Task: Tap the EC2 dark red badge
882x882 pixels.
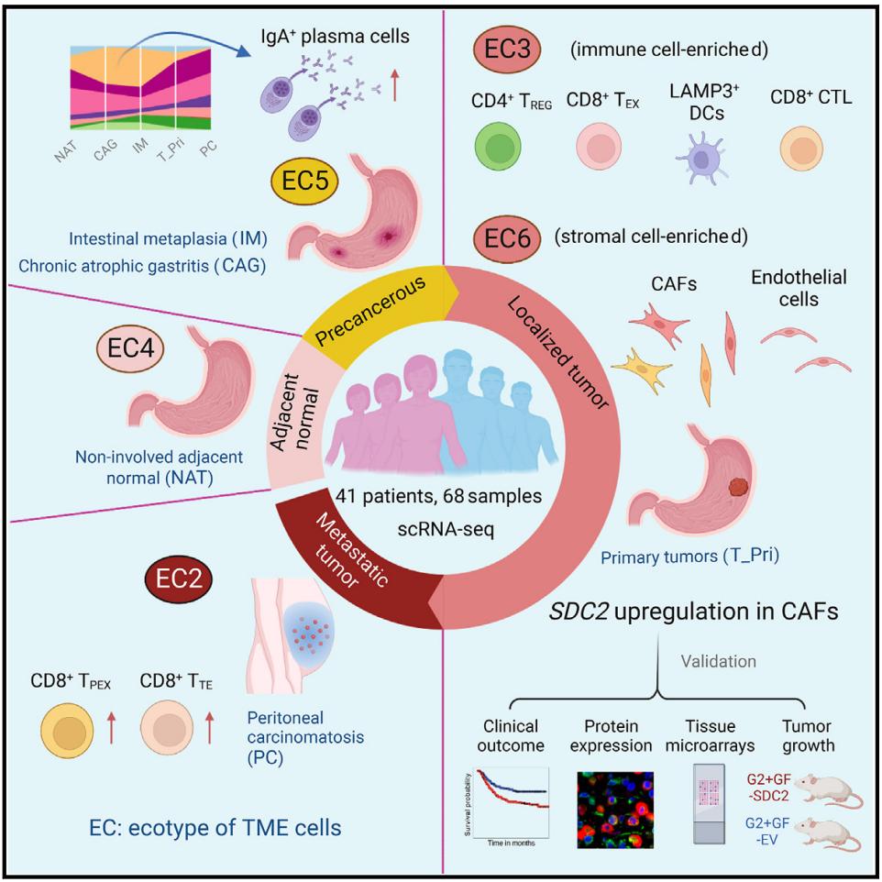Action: pos(180,579)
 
